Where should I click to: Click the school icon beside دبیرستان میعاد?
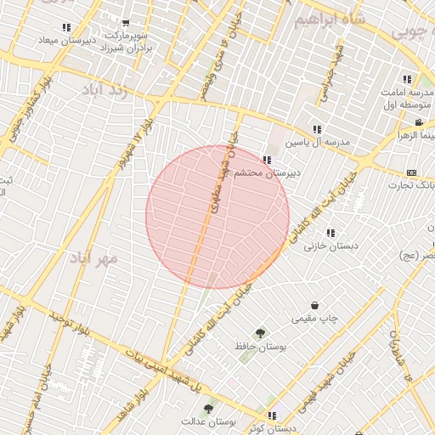[66, 27]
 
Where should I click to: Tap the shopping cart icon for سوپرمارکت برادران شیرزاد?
[126, 24]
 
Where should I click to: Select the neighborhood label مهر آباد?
[93, 257]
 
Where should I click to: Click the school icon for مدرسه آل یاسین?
[317, 129]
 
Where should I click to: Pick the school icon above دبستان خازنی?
[330, 233]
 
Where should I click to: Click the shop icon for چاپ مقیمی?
[315, 305]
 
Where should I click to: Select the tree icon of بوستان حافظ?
[259, 333]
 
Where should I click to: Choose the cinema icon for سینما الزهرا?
[419, 123]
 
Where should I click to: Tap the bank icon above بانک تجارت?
[412, 172]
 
